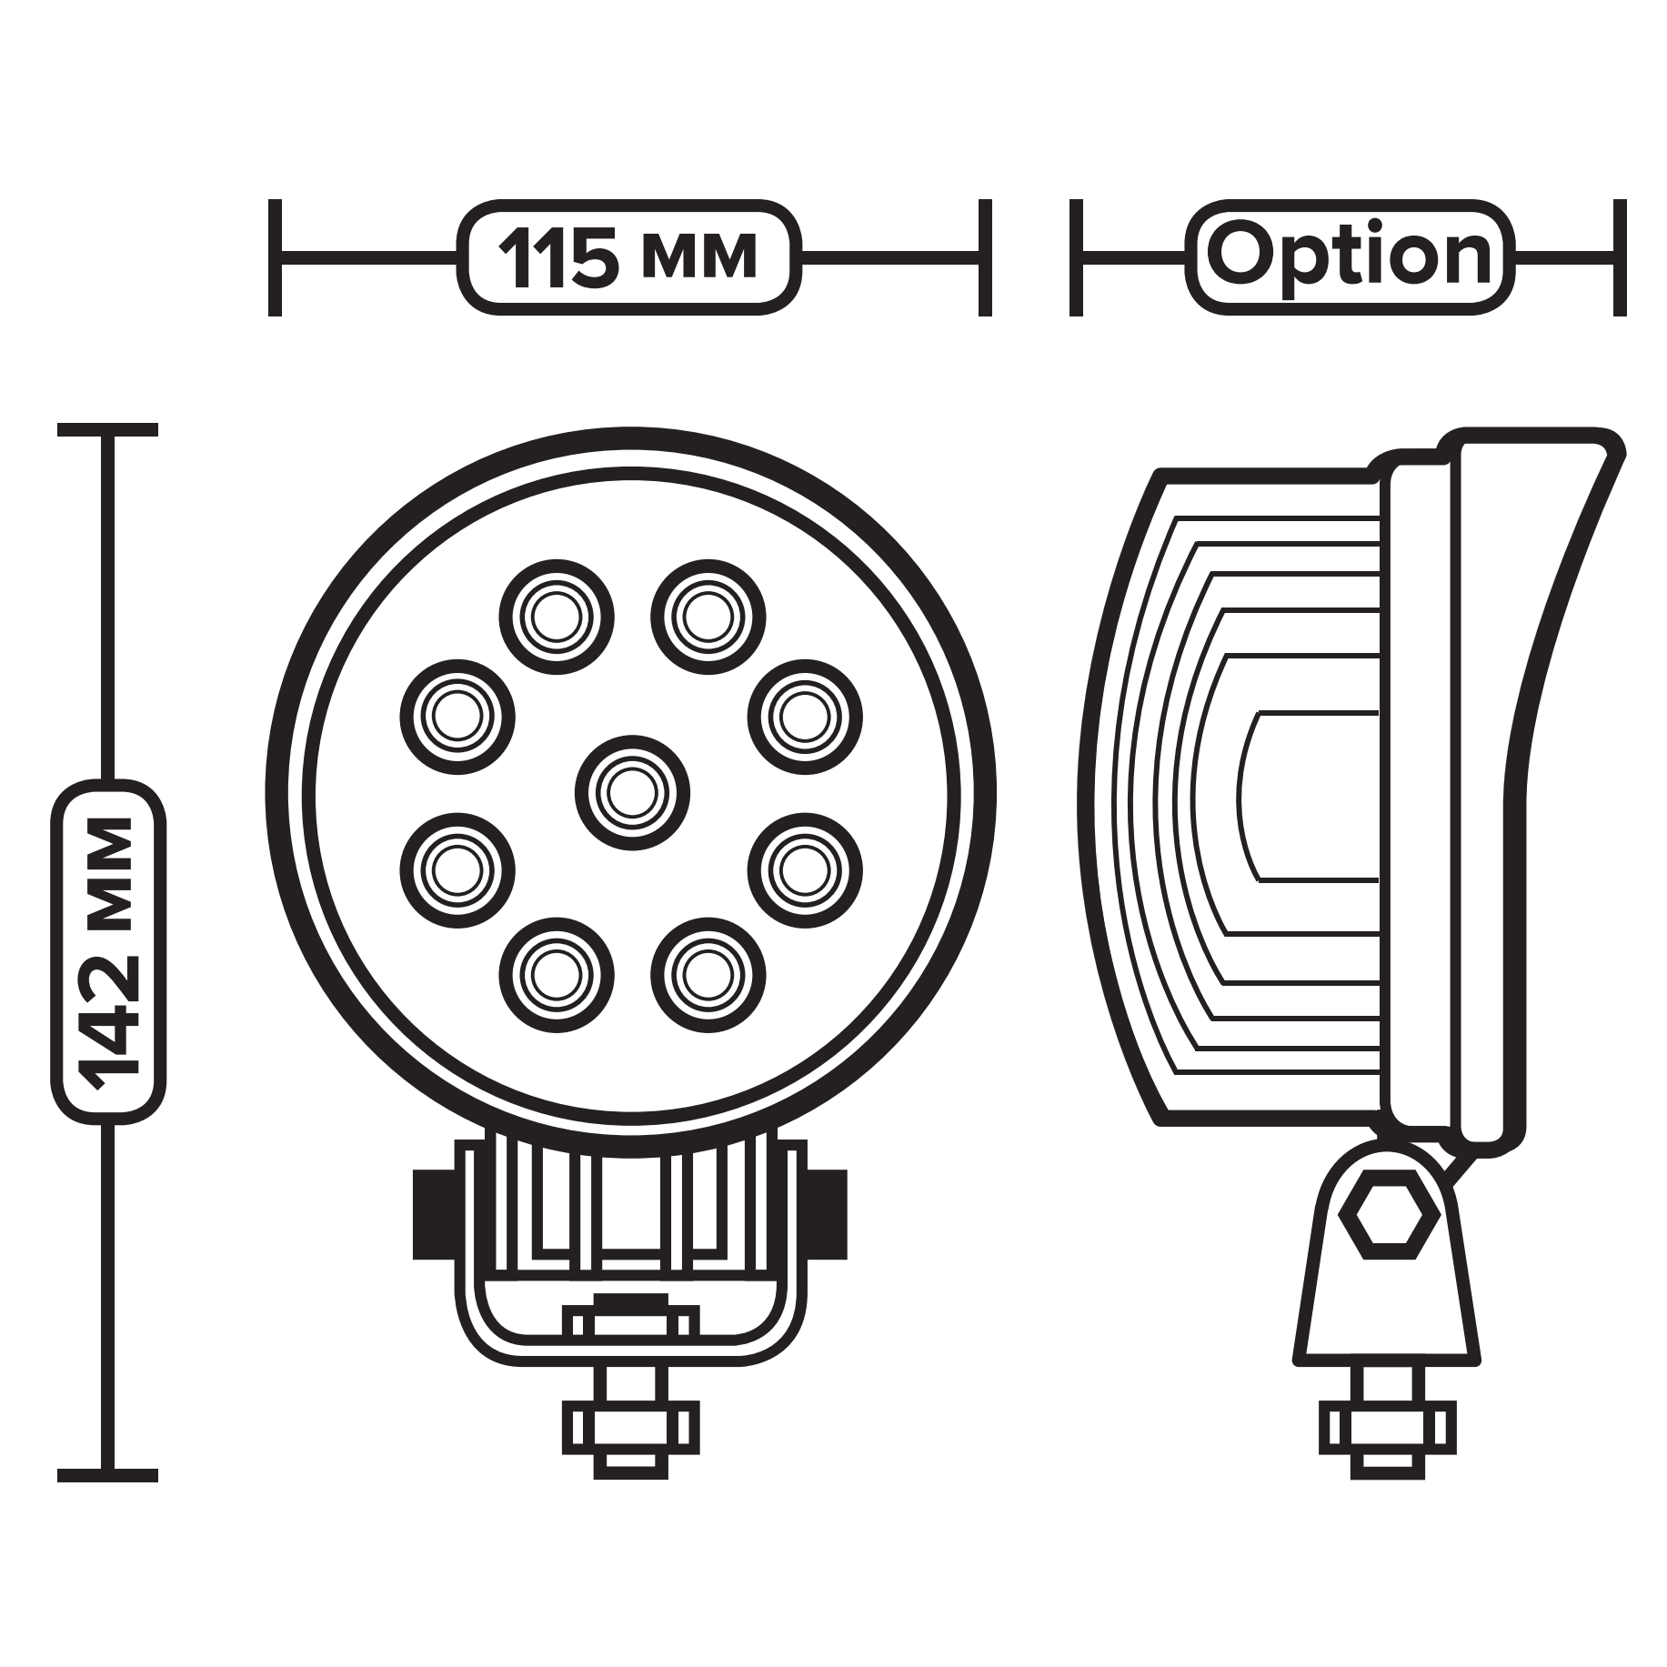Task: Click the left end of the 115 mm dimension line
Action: pos(276,257)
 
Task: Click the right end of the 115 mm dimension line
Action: pos(985,257)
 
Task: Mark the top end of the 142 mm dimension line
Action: pos(107,429)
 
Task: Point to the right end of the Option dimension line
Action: pos(1620,257)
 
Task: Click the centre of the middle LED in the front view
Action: pos(632,793)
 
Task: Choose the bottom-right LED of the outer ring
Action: pos(708,974)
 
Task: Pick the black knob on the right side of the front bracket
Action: pos(826,1213)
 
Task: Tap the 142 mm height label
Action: pos(108,951)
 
